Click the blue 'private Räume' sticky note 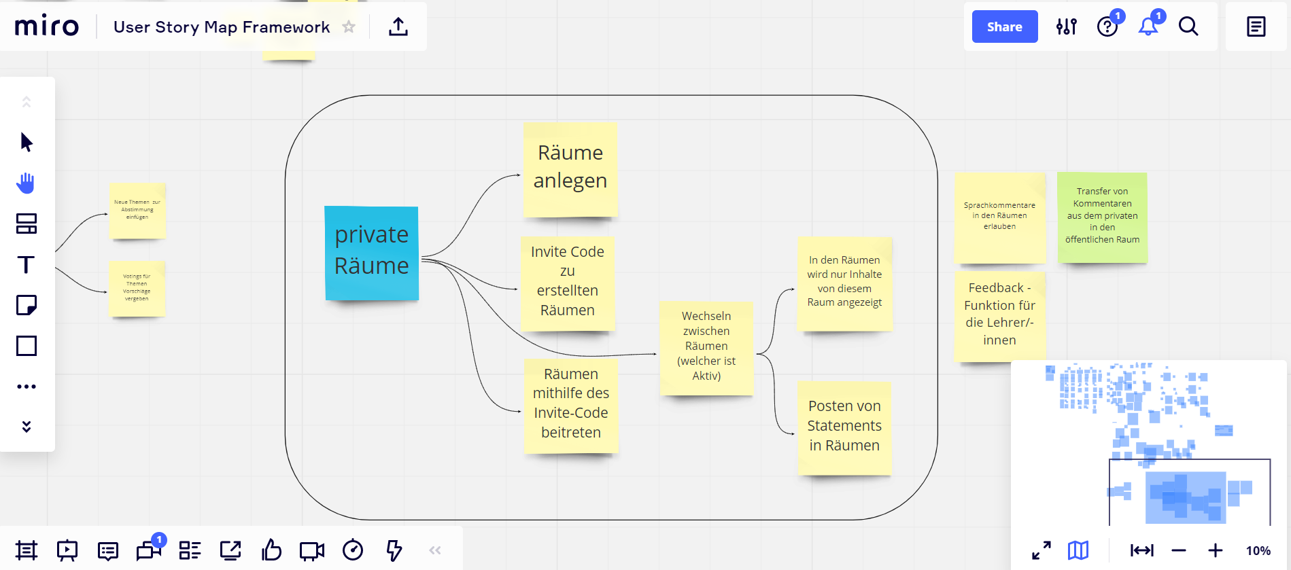[371, 252]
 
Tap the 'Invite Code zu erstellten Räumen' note [567, 282]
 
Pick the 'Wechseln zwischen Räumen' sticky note [706, 346]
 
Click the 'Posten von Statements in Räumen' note [844, 427]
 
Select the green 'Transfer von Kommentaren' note [1102, 216]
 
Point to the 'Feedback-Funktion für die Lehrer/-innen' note [999, 315]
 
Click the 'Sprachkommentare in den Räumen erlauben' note [999, 217]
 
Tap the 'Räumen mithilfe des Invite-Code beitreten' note [570, 404]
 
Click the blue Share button [1004, 26]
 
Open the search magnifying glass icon [1188, 26]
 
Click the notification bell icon [1148, 26]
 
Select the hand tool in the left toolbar [27, 183]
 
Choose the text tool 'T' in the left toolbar [27, 264]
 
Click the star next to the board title [349, 26]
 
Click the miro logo [47, 26]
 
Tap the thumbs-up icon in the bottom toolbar [271, 550]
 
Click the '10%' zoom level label [1258, 550]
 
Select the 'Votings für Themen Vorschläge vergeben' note [137, 287]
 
